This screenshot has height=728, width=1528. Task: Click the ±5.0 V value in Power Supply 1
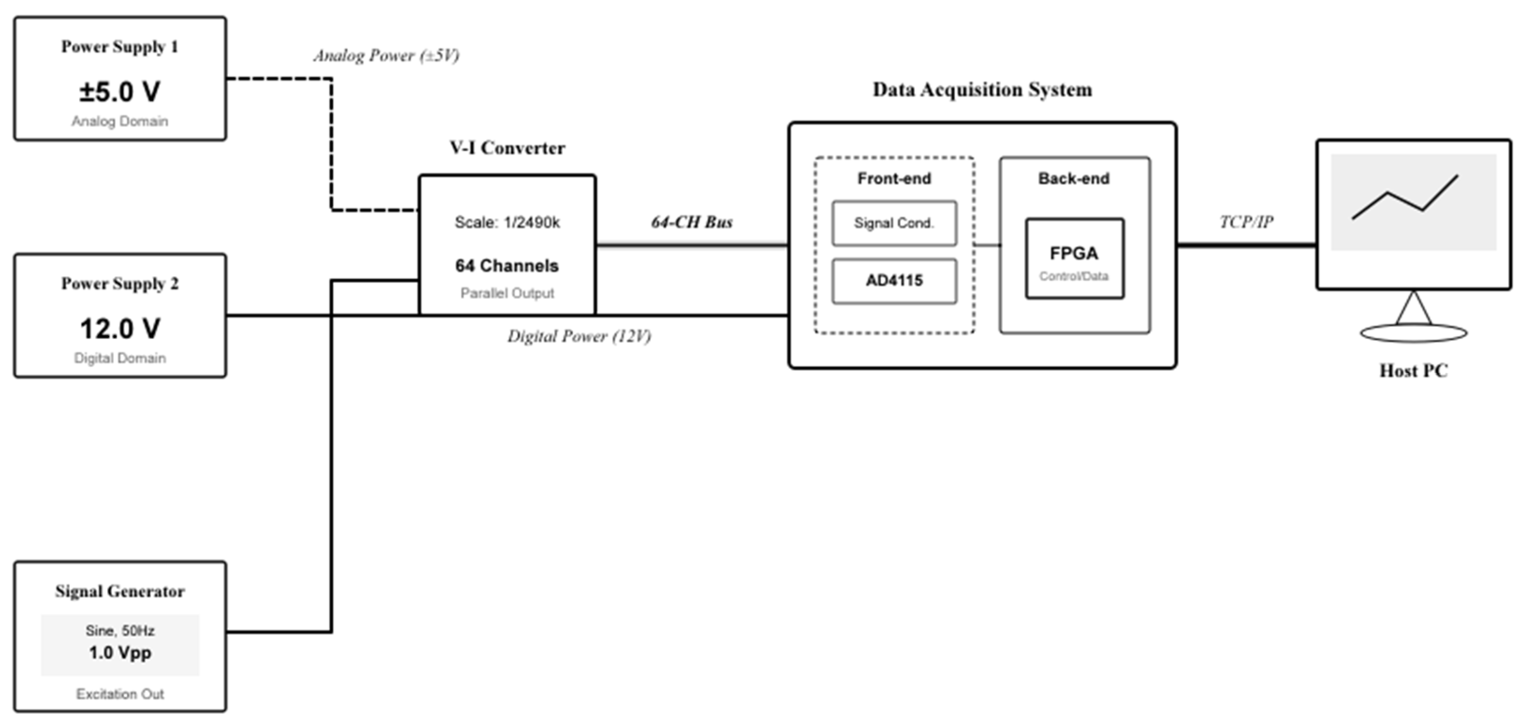tap(120, 92)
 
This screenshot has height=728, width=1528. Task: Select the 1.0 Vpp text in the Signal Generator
tap(120, 653)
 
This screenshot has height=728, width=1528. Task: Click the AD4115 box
tap(894, 281)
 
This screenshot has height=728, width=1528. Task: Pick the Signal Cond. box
tap(894, 223)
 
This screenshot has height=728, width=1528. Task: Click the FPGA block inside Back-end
tap(1074, 259)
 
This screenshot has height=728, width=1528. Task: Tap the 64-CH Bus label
tap(691, 222)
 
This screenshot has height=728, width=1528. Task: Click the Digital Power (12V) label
tap(579, 336)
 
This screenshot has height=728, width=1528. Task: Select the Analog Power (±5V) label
tap(386, 56)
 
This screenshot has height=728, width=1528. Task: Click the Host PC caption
tap(1413, 371)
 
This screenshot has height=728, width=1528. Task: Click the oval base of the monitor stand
tap(1413, 333)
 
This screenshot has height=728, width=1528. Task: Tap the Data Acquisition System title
tap(982, 89)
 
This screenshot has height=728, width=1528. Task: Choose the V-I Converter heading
tap(507, 148)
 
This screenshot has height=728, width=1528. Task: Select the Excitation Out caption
tap(120, 694)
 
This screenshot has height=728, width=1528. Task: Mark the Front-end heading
tap(894, 179)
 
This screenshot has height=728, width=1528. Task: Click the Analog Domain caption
tap(120, 122)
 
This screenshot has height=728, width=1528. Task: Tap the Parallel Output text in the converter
tap(507, 294)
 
